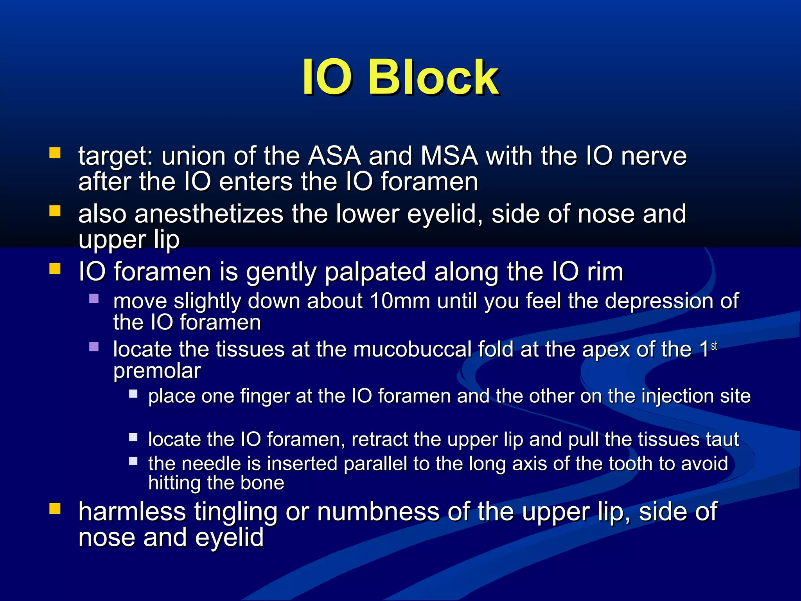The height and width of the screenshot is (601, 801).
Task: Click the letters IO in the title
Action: tap(327, 77)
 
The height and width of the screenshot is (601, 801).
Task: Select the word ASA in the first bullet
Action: tap(334, 156)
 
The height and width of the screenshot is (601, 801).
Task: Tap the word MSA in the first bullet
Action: tap(449, 156)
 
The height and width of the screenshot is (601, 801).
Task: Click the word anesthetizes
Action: tap(209, 214)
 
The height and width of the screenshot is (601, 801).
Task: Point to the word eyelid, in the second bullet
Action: tap(445, 215)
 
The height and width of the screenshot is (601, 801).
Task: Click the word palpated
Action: tap(375, 272)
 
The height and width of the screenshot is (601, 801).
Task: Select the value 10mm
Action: tap(399, 301)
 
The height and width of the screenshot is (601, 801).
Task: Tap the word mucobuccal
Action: tap(412, 349)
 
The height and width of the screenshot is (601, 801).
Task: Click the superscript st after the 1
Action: tap(714, 346)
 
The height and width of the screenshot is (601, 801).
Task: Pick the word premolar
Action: tap(157, 371)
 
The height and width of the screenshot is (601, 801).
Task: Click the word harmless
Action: tap(132, 512)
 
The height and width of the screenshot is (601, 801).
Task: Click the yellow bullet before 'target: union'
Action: tap(55, 153)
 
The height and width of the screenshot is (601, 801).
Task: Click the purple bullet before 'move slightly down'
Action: tap(94, 299)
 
